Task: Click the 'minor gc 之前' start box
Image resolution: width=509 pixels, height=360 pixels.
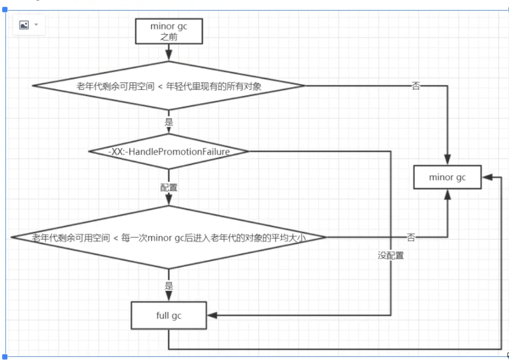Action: tap(169, 31)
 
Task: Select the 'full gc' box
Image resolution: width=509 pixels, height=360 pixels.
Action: tap(169, 316)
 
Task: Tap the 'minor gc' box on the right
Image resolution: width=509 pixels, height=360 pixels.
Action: tap(447, 177)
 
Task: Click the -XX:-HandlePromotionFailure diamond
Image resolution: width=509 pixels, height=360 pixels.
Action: tap(169, 151)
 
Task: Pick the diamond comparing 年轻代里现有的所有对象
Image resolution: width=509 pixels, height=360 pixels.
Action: tap(169, 86)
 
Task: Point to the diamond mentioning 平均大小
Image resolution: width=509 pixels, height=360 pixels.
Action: tap(169, 237)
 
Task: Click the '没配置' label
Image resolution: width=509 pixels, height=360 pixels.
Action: tap(391, 255)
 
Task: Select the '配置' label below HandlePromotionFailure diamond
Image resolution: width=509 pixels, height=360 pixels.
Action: tap(169, 187)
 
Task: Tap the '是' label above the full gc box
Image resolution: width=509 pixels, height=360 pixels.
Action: tap(169, 286)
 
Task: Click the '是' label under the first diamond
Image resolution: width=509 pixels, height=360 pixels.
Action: tap(169, 122)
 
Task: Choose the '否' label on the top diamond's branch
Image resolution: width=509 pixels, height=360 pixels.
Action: tap(416, 86)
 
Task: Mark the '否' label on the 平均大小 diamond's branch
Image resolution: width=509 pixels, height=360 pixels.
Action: tap(411, 237)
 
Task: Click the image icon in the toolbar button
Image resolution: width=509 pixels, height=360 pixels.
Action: tap(24, 25)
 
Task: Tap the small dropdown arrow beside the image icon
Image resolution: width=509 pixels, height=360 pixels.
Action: tap(36, 25)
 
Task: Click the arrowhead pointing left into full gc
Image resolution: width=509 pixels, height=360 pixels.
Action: tap(212, 315)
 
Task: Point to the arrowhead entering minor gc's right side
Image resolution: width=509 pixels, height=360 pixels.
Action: tap(487, 177)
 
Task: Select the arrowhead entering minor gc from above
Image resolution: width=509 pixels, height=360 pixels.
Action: tap(447, 160)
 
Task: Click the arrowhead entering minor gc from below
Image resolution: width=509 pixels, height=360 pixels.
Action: tap(447, 194)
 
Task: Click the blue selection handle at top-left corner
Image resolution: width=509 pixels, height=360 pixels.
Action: tap(5, 10)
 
